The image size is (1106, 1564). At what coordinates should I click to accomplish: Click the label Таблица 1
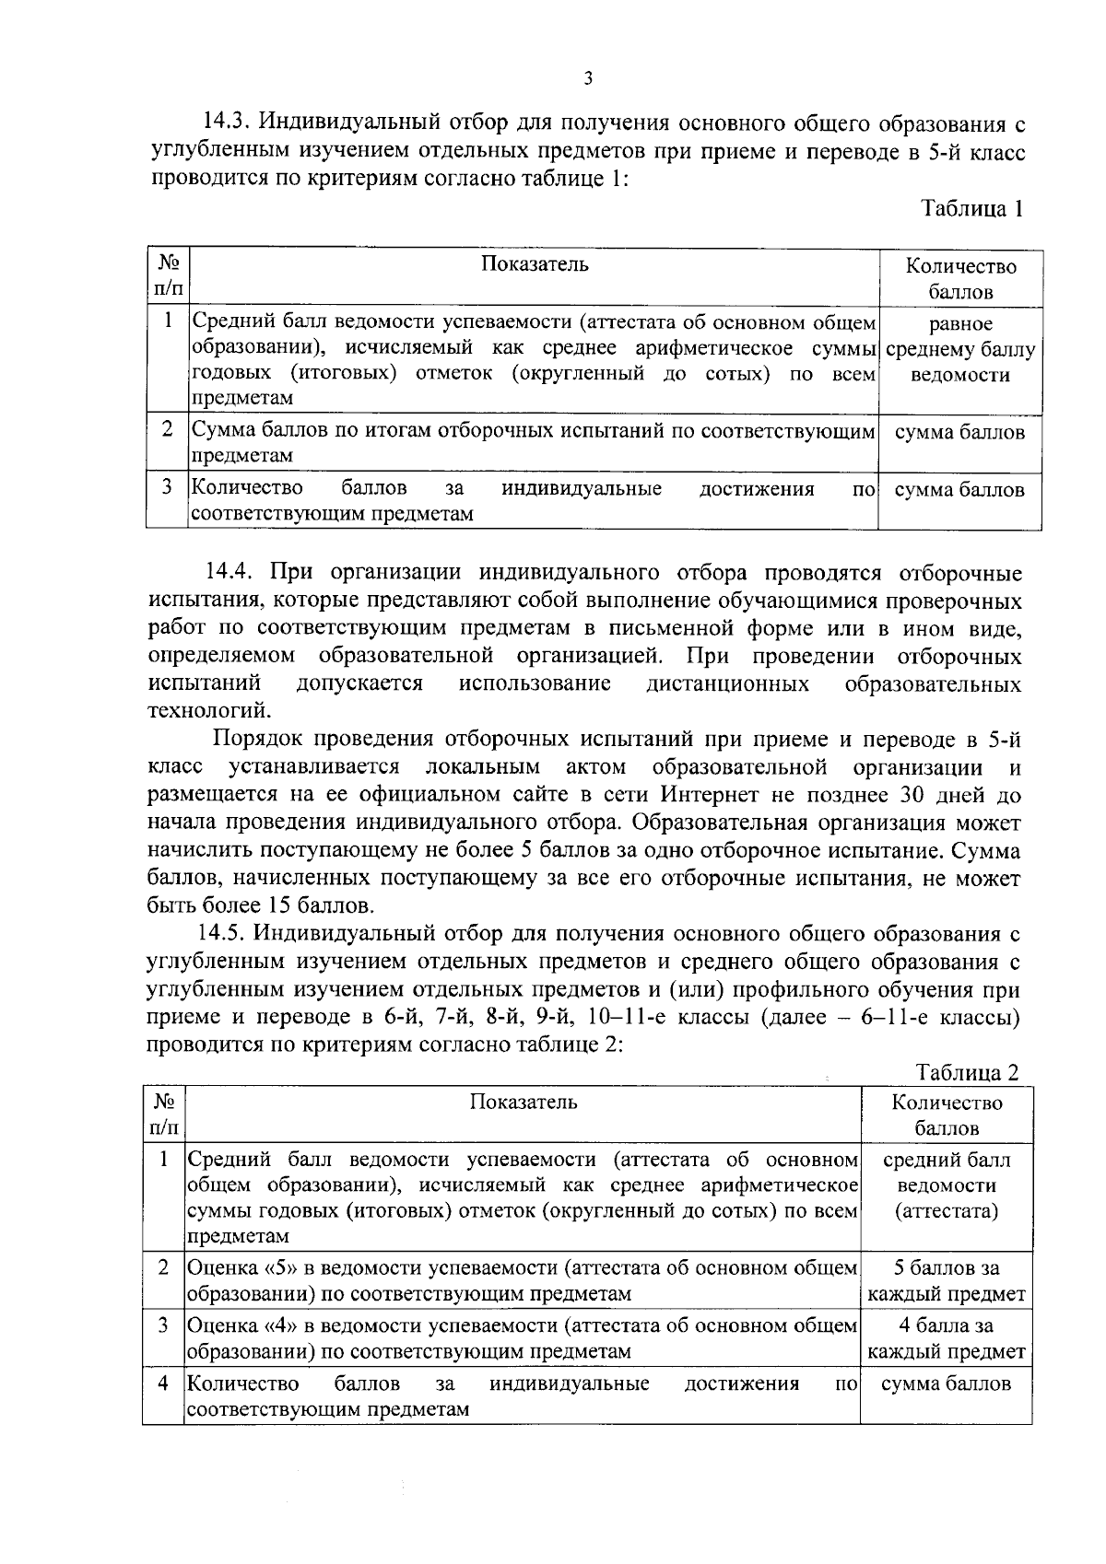(971, 208)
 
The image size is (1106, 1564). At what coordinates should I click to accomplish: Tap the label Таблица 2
(967, 1072)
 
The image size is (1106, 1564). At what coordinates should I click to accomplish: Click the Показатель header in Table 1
(535, 265)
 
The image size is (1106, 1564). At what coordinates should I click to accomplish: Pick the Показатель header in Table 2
(524, 1102)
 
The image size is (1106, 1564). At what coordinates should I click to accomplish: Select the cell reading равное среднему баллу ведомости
(959, 350)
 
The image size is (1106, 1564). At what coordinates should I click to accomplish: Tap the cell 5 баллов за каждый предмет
(946, 1281)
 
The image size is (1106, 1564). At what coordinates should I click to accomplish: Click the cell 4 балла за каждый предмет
(946, 1339)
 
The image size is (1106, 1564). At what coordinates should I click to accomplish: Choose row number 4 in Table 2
(162, 1383)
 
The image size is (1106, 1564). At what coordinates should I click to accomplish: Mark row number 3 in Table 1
(167, 489)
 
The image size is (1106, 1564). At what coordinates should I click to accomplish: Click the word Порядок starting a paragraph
(259, 740)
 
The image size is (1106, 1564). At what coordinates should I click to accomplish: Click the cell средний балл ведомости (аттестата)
(946, 1185)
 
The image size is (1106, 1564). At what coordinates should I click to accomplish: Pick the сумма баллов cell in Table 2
(946, 1383)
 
